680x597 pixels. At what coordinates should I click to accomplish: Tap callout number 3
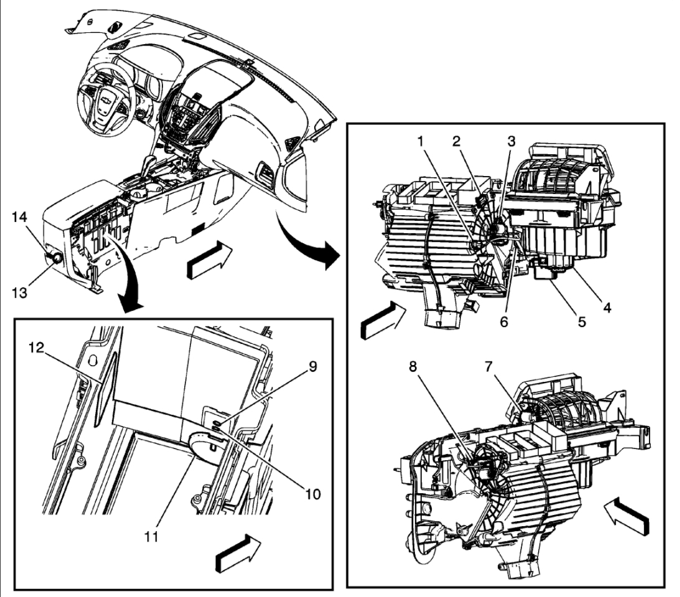pos(511,141)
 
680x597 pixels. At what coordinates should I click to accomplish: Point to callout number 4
pos(605,306)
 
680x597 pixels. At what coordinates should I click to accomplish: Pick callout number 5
pos(582,322)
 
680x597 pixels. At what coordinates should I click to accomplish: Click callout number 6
pos(504,322)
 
